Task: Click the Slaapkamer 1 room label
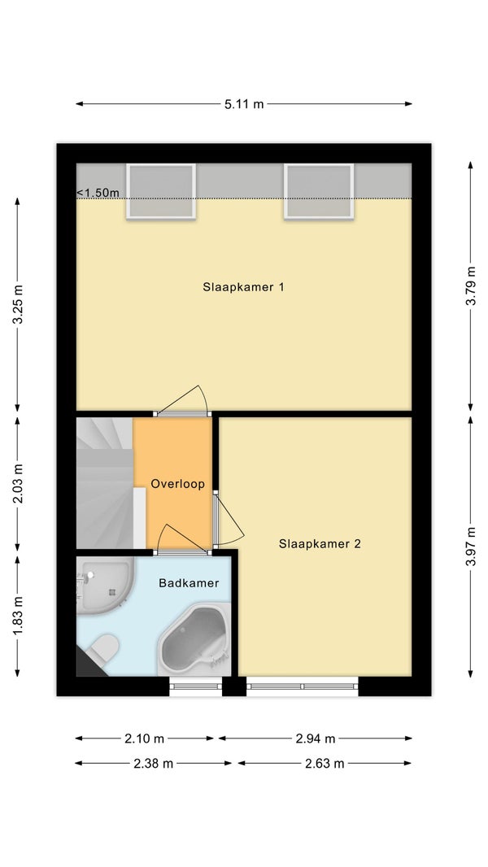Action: tap(243, 287)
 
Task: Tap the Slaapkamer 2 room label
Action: tap(320, 543)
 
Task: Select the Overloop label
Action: tap(177, 484)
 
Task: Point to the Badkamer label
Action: tap(189, 583)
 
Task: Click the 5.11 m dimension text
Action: tap(244, 104)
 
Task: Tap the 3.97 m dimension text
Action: tap(470, 547)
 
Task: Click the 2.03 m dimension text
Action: tap(18, 485)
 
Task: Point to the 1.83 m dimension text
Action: tap(18, 616)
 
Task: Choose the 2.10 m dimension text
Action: tap(144, 738)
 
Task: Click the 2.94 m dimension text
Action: tap(316, 738)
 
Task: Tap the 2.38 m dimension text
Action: tap(153, 764)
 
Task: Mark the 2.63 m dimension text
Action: tap(325, 764)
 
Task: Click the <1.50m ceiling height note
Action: tap(98, 193)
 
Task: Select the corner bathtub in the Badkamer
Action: tap(194, 640)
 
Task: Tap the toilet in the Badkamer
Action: tap(104, 648)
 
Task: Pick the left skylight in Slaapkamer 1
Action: tap(161, 191)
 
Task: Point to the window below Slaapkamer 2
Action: tap(303, 686)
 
